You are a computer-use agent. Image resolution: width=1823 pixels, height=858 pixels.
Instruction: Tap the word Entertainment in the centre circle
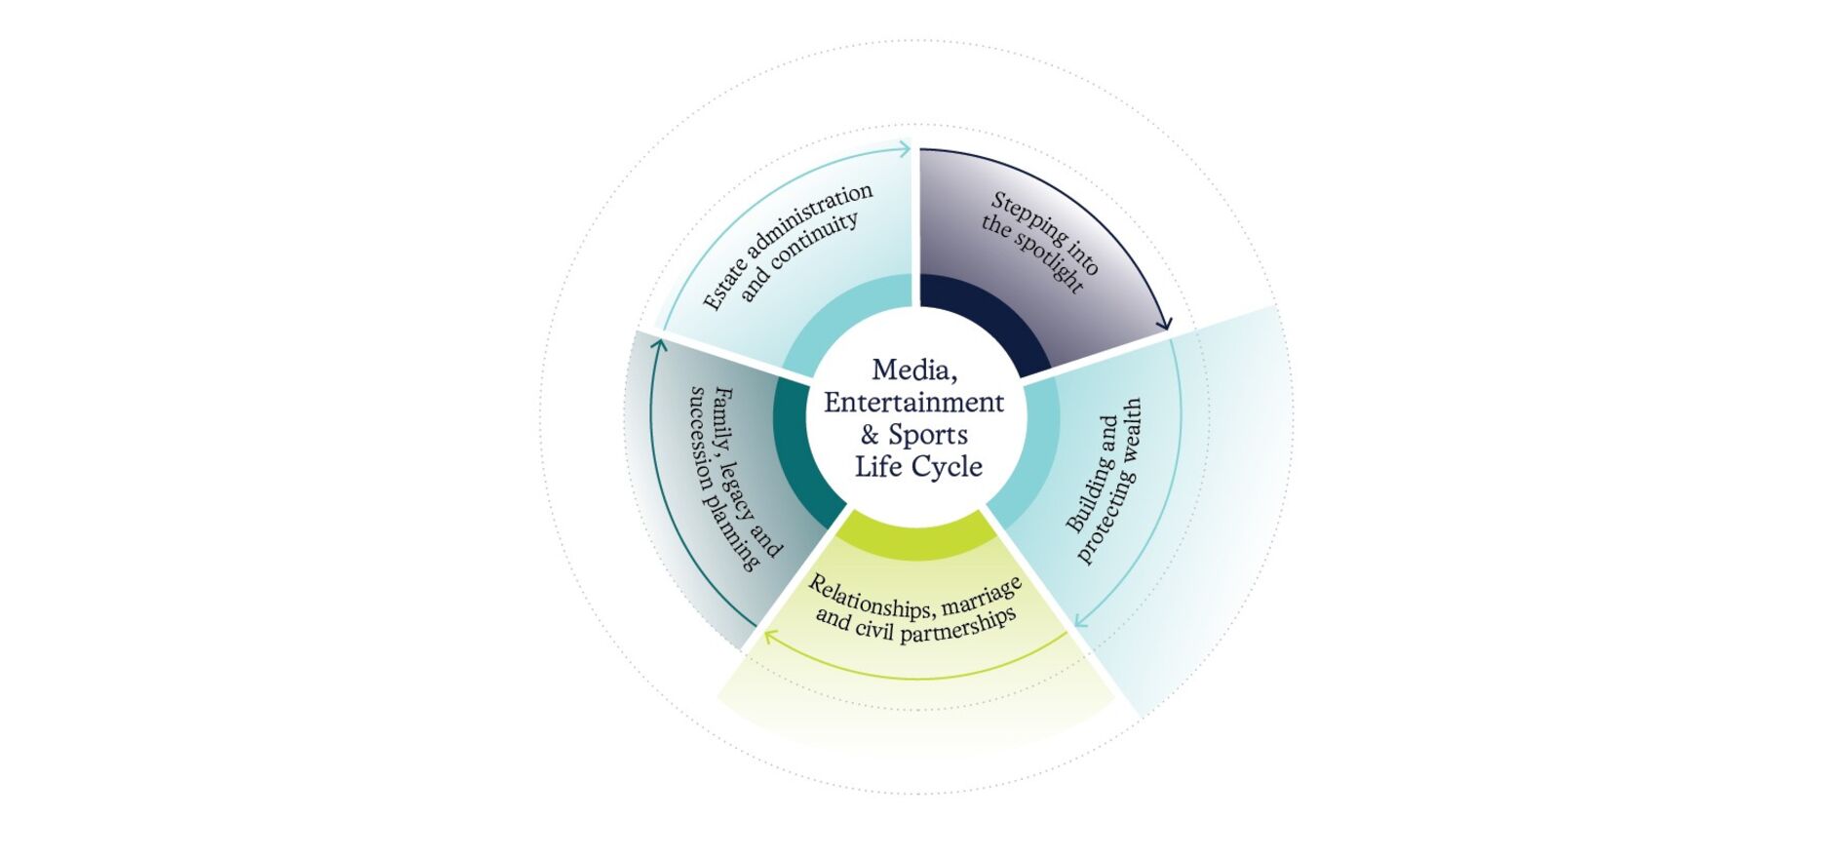pos(914,402)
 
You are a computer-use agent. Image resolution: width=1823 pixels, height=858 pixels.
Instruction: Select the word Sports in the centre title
pos(928,435)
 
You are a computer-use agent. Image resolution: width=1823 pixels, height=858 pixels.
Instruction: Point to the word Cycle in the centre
pos(947,467)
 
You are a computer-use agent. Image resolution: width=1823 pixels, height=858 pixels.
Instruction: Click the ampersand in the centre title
pos(870,435)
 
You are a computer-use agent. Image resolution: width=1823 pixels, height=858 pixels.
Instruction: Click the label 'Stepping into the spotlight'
pos(1040,242)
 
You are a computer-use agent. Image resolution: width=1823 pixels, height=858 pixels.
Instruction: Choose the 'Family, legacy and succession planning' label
pos(736,478)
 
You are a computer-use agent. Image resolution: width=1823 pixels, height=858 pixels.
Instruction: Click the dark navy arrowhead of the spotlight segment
pos(1163,322)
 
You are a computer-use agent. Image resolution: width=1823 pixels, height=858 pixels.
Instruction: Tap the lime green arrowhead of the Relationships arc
pos(770,637)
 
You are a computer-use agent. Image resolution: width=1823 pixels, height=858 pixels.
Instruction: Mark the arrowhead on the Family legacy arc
pos(659,345)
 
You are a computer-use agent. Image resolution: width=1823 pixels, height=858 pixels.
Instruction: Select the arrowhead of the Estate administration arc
pos(904,149)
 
